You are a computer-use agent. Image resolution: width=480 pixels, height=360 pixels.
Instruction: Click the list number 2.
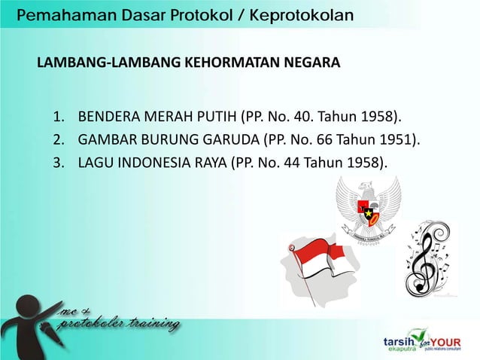[x=58, y=140]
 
